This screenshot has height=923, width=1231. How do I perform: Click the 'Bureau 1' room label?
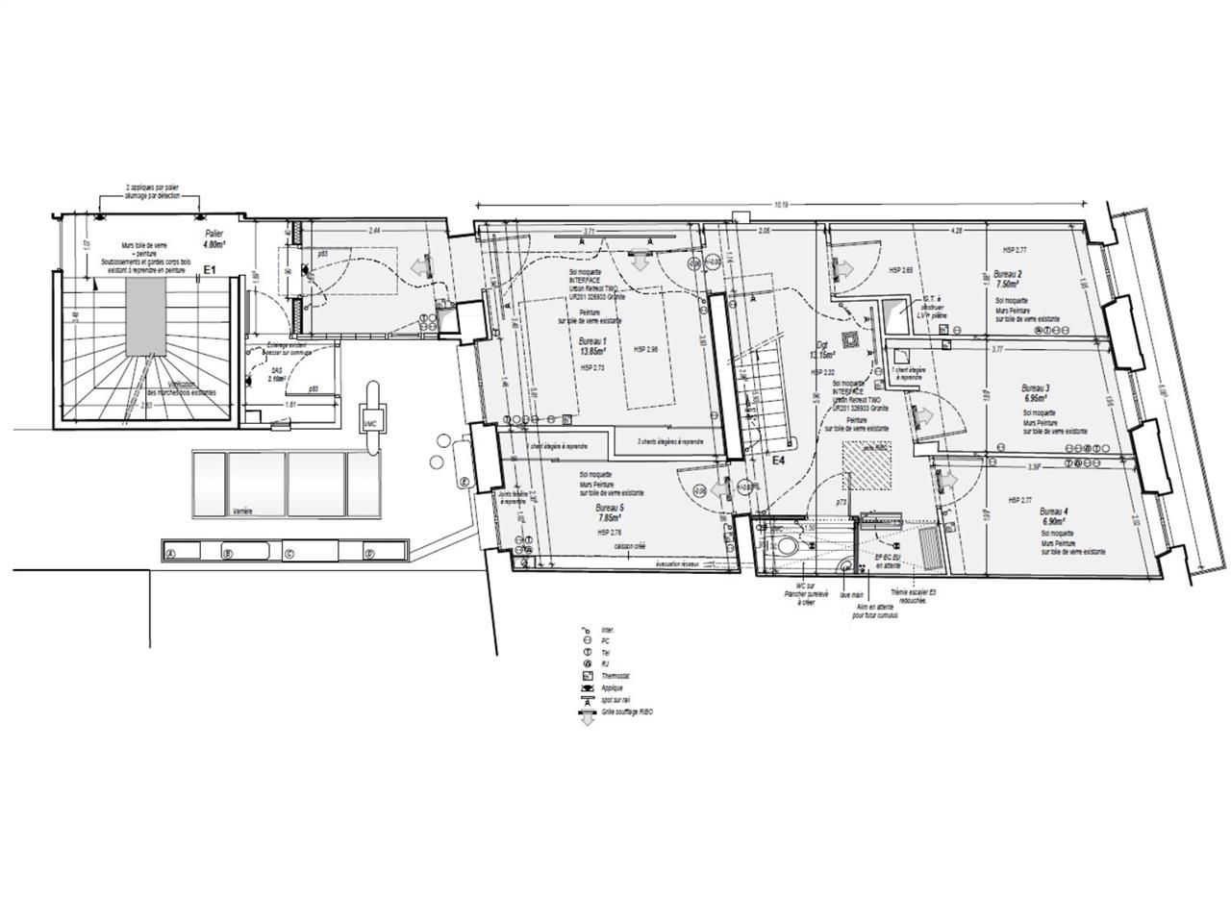click(593, 342)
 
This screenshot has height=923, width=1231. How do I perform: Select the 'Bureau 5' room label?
click(609, 508)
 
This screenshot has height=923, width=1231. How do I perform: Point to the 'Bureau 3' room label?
click(1035, 388)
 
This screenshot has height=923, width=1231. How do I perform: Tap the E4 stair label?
click(780, 461)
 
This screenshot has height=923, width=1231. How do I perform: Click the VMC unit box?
click(370, 423)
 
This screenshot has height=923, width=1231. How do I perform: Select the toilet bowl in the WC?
click(786, 545)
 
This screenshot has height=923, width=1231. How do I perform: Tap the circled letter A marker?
click(171, 554)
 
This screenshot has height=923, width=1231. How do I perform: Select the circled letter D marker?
click(368, 554)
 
